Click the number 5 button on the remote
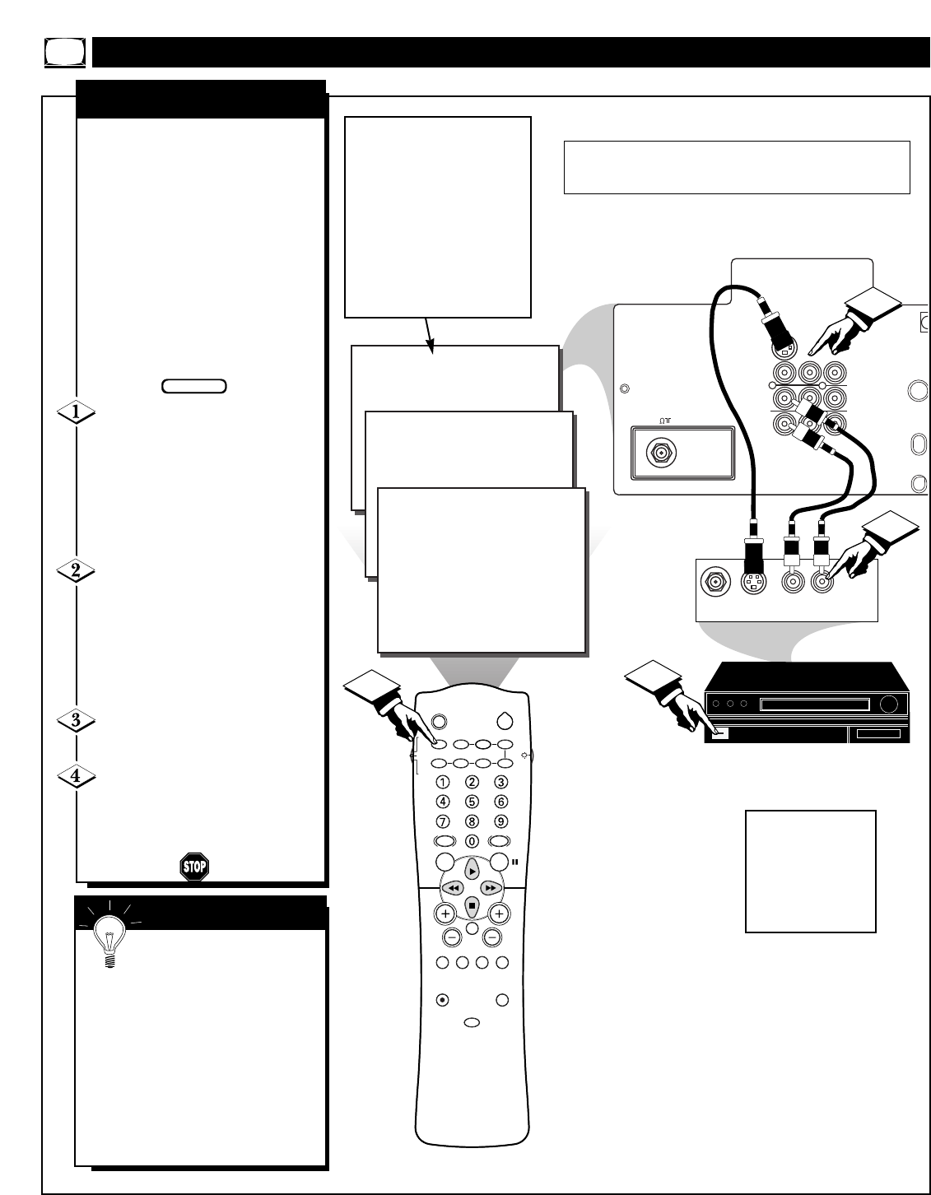click(x=472, y=802)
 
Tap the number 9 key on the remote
click(x=500, y=821)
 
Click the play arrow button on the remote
click(x=471, y=870)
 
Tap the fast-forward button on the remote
click(x=491, y=888)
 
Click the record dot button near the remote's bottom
click(x=442, y=1000)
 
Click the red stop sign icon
click(x=193, y=867)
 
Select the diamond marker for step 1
click(x=75, y=414)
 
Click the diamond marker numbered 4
click(x=75, y=775)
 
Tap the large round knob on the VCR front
click(x=887, y=704)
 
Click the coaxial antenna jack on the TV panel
click(x=659, y=452)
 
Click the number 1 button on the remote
click(x=443, y=782)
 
